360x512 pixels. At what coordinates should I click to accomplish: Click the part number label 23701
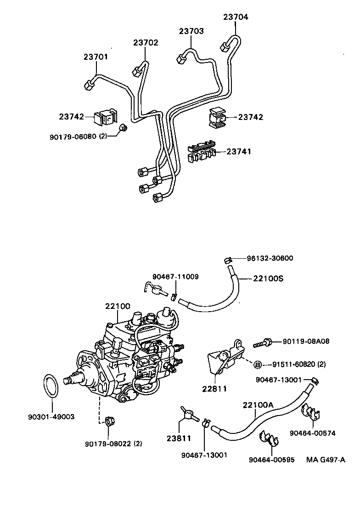coord(96,57)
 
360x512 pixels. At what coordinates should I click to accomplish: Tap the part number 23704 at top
coord(236,17)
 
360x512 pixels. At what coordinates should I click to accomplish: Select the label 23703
coord(191,31)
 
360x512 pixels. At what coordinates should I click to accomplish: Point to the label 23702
coord(146,43)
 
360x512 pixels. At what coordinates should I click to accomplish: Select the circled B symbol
coord(258,365)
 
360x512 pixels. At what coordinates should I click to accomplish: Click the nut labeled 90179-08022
coord(109,421)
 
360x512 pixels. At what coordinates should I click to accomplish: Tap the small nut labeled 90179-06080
coord(123,127)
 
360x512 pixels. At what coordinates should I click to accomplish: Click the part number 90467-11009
coord(169,276)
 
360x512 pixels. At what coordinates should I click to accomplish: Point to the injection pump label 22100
coord(118,306)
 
